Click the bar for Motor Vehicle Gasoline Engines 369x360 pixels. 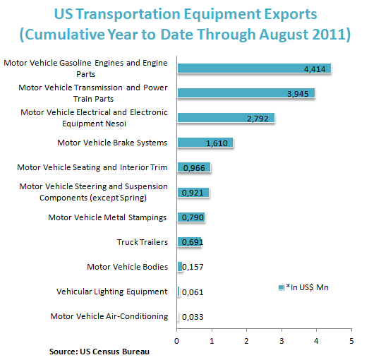[254, 68]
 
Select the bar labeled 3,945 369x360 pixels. [246, 93]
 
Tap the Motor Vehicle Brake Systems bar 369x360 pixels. [205, 143]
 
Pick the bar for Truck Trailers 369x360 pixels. [190, 242]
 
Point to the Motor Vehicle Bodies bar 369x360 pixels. [180, 267]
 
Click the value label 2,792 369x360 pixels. [258, 119]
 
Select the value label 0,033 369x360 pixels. [193, 317]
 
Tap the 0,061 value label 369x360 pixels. [193, 292]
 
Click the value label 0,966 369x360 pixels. [194, 168]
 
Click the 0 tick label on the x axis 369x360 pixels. [176, 341]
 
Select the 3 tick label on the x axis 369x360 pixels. [282, 341]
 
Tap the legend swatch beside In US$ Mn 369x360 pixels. [281, 287]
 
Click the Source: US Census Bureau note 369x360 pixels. [99, 352]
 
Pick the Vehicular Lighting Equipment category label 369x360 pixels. [111, 292]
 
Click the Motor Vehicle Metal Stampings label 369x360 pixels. [107, 217]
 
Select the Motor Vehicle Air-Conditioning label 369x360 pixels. [109, 316]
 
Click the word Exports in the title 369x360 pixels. [291, 14]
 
